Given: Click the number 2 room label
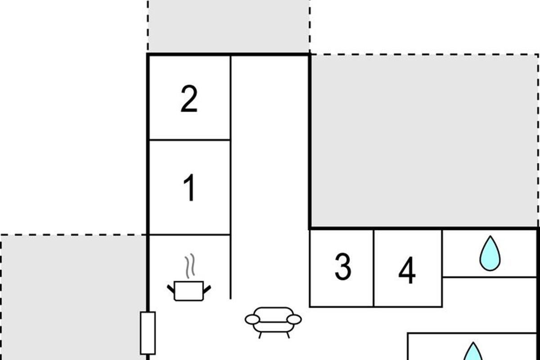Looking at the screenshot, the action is click(189, 99).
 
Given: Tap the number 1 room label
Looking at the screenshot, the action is click(190, 187).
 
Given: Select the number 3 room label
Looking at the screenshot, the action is click(343, 267).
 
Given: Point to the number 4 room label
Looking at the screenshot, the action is click(407, 270).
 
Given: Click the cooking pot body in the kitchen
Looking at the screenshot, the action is click(189, 291).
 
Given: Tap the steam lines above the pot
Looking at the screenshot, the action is click(190, 266).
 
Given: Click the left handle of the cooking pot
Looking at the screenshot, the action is click(171, 289).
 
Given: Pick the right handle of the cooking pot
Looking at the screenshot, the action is click(207, 289).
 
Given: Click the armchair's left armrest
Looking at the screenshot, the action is click(252, 320).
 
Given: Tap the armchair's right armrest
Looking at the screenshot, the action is click(294, 320).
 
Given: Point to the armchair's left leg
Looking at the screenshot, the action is click(260, 335).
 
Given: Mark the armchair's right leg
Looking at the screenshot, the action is click(288, 335).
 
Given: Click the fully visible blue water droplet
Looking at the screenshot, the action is click(490, 254).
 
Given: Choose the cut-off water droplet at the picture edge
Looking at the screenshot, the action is click(473, 351).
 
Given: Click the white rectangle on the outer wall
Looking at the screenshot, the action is click(148, 333).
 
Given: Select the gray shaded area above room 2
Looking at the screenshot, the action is click(229, 26).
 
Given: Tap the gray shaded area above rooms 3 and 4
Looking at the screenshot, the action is click(424, 140).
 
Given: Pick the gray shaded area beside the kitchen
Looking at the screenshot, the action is click(73, 297).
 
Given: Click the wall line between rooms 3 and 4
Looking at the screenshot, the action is click(373, 268).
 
